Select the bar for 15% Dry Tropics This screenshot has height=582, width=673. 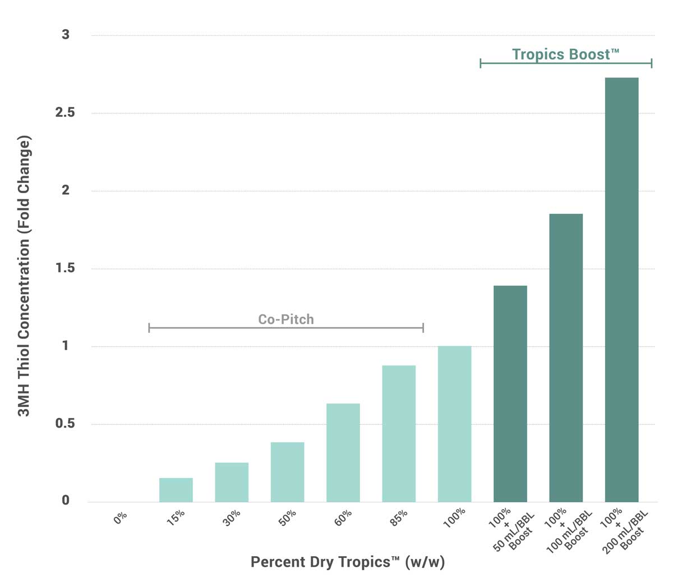[x=176, y=489]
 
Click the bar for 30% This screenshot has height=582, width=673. [x=232, y=482]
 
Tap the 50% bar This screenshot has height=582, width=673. [x=287, y=471]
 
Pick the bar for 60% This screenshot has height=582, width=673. [x=343, y=452]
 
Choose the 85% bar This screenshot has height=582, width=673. [x=399, y=433]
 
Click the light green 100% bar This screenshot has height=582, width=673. [x=454, y=424]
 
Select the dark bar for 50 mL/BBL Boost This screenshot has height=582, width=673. [x=510, y=393]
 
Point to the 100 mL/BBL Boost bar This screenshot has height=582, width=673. [x=566, y=358]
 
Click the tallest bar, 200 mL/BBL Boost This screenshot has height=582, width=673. [x=621, y=290]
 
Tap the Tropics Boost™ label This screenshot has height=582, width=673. [x=565, y=54]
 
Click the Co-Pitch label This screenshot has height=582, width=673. [x=286, y=319]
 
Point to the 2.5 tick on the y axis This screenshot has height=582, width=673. [x=65, y=112]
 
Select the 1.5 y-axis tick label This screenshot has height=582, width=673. [x=65, y=268]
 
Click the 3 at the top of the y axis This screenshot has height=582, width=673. [x=66, y=35]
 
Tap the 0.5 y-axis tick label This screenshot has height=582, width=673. [x=65, y=423]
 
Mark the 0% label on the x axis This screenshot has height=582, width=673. [x=121, y=518]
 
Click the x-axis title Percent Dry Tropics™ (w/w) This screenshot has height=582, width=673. [x=348, y=562]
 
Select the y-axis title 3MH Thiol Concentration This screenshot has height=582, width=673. [x=24, y=275]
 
